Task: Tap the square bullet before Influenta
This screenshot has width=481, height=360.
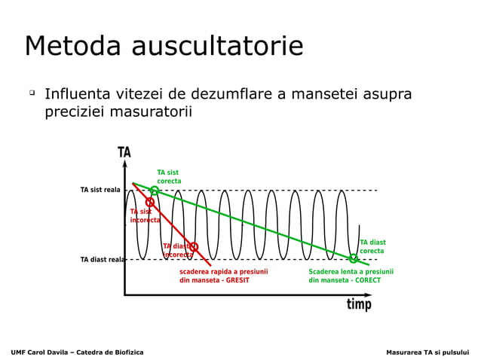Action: (32, 93)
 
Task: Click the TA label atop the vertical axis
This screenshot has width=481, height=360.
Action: (124, 153)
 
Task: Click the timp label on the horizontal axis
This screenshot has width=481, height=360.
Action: (359, 304)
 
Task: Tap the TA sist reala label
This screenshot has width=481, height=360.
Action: (100, 190)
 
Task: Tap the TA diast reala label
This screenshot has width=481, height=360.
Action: (103, 260)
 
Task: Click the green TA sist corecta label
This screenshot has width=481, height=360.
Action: (168, 177)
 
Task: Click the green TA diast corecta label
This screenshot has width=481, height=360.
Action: (372, 246)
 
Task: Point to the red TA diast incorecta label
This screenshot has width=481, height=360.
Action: (177, 251)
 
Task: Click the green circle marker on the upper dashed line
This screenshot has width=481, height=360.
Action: (154, 191)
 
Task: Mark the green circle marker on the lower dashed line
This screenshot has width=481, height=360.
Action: (353, 259)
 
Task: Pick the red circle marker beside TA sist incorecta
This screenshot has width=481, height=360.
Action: (149, 202)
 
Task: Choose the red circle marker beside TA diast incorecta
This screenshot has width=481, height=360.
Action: (194, 246)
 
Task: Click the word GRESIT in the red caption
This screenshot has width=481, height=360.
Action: (236, 280)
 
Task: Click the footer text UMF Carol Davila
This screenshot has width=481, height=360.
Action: (45, 352)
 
